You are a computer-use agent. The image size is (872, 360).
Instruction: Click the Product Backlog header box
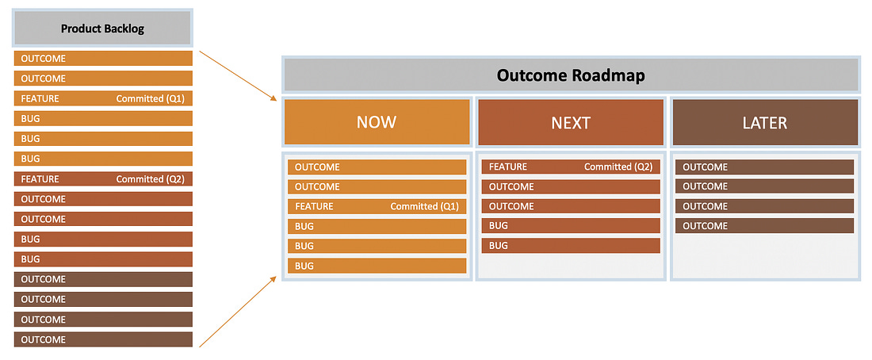tap(103, 29)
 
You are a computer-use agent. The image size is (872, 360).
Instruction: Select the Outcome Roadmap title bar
tap(571, 75)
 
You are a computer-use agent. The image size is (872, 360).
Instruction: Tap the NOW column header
tap(377, 122)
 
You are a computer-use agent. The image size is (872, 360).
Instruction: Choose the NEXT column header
tap(571, 122)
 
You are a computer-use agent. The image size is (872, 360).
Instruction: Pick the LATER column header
tap(765, 122)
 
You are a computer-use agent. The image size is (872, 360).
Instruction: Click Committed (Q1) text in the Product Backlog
tap(150, 99)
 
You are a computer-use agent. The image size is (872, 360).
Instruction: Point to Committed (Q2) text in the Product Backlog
tap(150, 179)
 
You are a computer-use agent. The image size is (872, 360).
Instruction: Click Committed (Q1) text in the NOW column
tap(425, 206)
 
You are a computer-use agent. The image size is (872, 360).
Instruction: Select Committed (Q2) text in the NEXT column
tap(618, 167)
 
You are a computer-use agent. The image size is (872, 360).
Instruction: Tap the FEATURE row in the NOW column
tap(377, 206)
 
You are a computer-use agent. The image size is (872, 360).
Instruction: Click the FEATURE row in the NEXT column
tap(571, 167)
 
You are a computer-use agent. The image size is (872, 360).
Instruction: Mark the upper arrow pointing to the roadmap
tap(238, 76)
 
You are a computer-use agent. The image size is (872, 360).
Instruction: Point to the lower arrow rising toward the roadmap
tap(238, 311)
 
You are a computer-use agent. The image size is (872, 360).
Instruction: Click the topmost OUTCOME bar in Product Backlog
tap(103, 59)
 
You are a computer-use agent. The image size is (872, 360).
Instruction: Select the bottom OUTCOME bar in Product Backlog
tap(103, 339)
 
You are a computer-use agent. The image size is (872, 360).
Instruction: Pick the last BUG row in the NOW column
tap(377, 266)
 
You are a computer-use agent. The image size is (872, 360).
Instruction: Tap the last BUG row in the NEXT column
tap(571, 245)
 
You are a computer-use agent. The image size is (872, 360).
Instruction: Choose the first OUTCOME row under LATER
tap(765, 167)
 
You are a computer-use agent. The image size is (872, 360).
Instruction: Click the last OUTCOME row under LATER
tap(765, 226)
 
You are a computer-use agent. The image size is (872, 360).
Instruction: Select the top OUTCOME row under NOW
tap(377, 167)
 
